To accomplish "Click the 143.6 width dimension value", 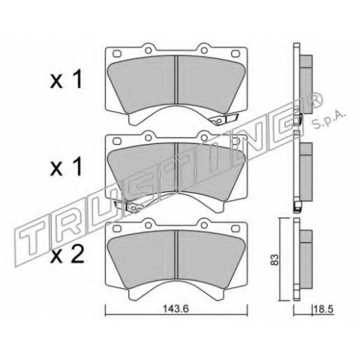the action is pyautogui.click(x=176, y=309).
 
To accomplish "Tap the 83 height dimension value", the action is pyautogui.click(x=276, y=259).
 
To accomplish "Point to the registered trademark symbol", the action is pyautogui.click(x=316, y=99).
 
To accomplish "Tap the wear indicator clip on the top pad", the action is pyautogui.click(x=224, y=120).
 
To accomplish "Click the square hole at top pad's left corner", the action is pyautogui.click(x=117, y=53).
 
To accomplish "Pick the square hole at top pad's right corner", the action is pyautogui.click(x=235, y=53).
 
